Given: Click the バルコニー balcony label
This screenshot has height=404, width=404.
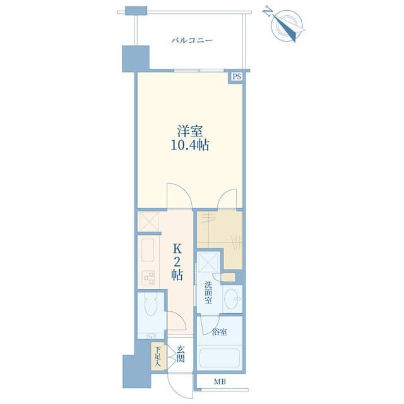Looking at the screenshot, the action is click(x=192, y=40).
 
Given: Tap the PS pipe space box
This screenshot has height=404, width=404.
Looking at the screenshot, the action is click(x=237, y=76).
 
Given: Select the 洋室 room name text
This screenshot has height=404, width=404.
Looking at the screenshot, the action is click(x=190, y=131).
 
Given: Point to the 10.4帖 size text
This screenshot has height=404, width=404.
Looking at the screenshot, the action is click(x=190, y=145).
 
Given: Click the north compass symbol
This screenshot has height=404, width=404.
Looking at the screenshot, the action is click(x=286, y=25).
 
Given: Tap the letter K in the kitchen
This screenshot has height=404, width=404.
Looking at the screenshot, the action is click(x=177, y=249).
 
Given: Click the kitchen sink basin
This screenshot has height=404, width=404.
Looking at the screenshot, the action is click(x=148, y=250).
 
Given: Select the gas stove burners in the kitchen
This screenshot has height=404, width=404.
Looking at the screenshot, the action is click(x=148, y=278).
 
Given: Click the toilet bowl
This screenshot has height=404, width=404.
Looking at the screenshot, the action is click(x=151, y=305).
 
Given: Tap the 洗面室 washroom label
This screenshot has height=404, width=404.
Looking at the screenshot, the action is click(x=208, y=293).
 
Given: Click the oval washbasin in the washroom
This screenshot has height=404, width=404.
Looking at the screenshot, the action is click(x=232, y=299).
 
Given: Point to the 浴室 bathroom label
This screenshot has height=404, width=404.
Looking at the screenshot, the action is click(x=220, y=332).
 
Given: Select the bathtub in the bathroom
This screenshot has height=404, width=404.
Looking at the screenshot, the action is click(x=220, y=358).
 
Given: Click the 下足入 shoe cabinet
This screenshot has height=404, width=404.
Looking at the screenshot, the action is click(x=157, y=356).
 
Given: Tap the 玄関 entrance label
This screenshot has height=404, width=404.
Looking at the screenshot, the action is click(x=181, y=354).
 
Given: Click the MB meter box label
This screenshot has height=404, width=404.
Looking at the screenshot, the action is click(x=220, y=381).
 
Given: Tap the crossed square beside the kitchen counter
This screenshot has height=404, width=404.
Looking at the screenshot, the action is click(x=149, y=222).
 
